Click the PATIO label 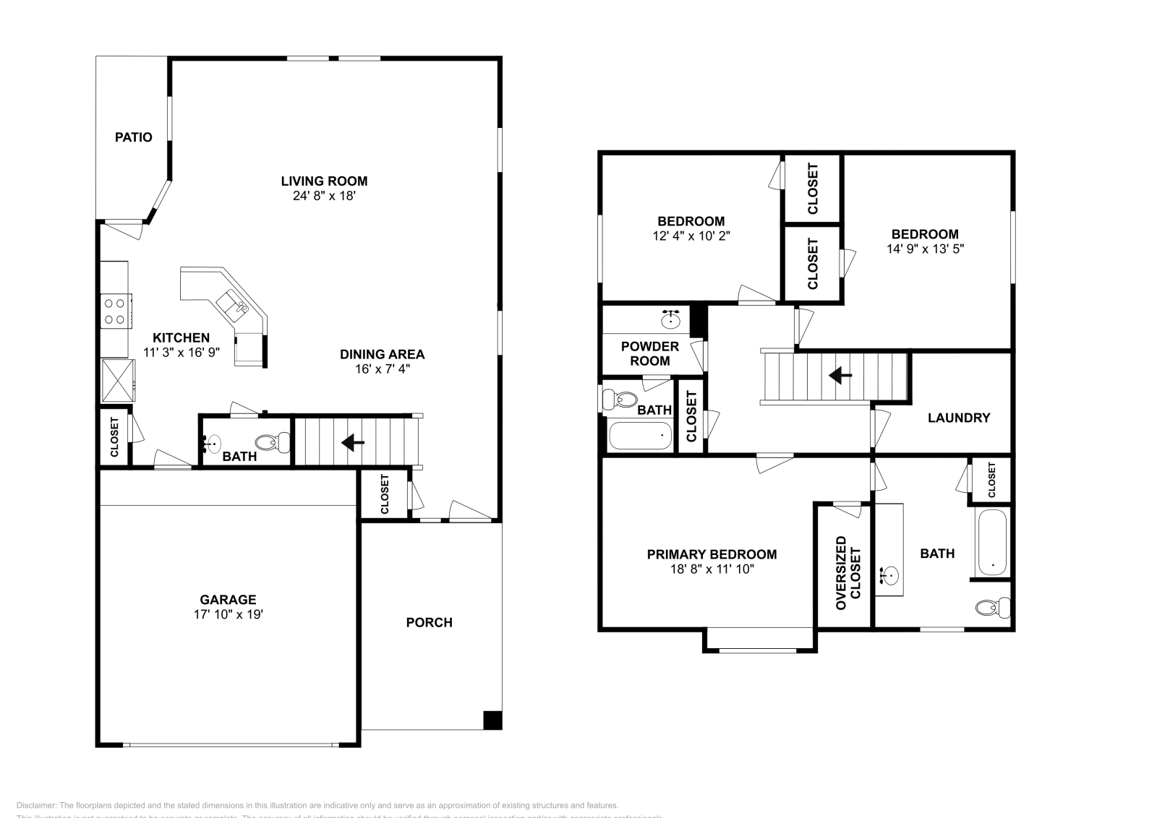click(134, 137)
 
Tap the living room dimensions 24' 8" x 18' click(324, 196)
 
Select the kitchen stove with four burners click(115, 311)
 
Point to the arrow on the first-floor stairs click(353, 442)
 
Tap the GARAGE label click(228, 600)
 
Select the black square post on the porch click(492, 720)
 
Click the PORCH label click(429, 622)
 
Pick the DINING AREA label click(382, 354)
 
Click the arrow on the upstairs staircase click(840, 375)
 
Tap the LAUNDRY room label click(958, 418)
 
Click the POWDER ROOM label click(649, 353)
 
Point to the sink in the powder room click(670, 319)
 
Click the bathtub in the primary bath click(991, 542)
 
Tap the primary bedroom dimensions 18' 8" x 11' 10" click(712, 569)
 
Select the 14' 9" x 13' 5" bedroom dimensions click(925, 249)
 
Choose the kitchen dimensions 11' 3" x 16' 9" click(181, 352)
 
